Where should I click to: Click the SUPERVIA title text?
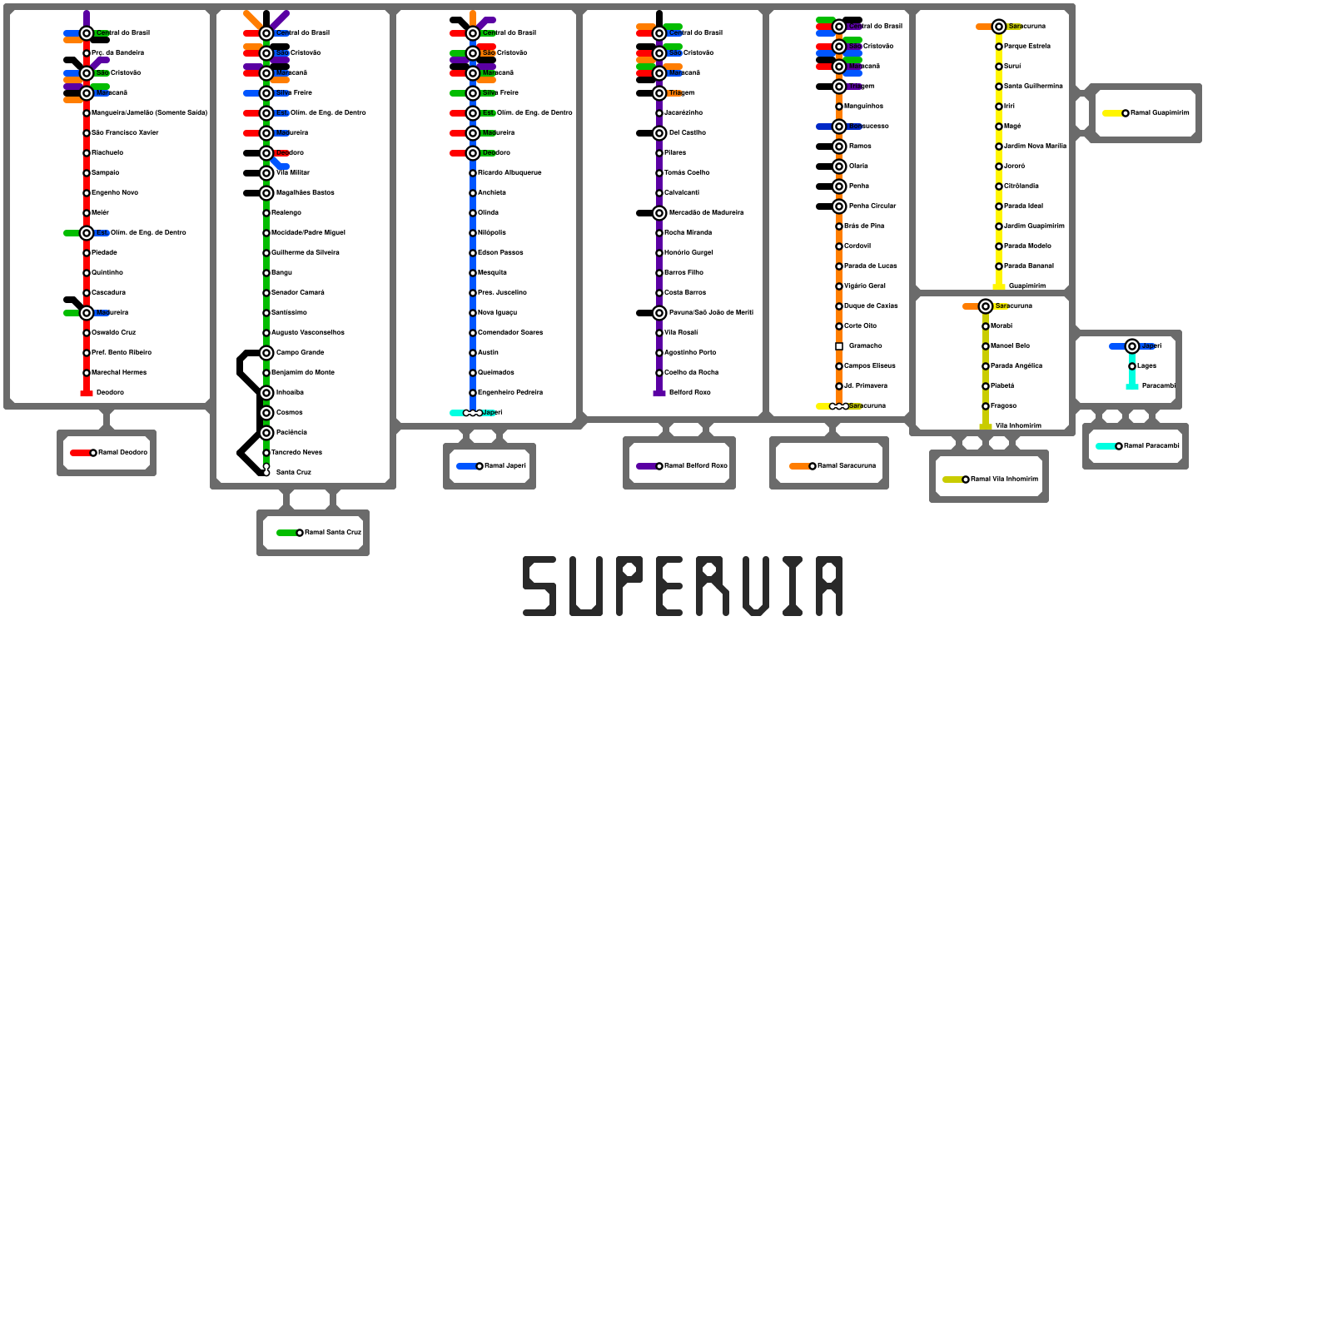[x=683, y=587]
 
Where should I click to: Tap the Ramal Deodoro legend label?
[x=122, y=453]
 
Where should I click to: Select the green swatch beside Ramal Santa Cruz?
[x=286, y=533]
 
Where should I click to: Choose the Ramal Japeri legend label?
[x=505, y=466]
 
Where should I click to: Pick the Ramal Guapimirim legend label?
[x=1160, y=113]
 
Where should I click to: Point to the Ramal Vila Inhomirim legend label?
[x=1005, y=480]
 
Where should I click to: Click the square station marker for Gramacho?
[x=839, y=346]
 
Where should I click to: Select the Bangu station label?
[x=281, y=273]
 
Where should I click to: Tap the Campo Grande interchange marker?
[x=266, y=353]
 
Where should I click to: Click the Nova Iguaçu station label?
[x=497, y=313]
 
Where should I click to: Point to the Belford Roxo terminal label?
[x=689, y=393]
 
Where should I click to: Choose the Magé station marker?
[x=999, y=127]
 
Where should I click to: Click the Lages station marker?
[x=1132, y=366]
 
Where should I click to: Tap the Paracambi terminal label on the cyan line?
[x=1158, y=386]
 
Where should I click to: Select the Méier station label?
[x=100, y=213]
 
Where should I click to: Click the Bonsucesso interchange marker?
[x=839, y=127]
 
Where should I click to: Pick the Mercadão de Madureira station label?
[x=706, y=213]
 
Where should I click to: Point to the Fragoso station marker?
[x=986, y=406]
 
